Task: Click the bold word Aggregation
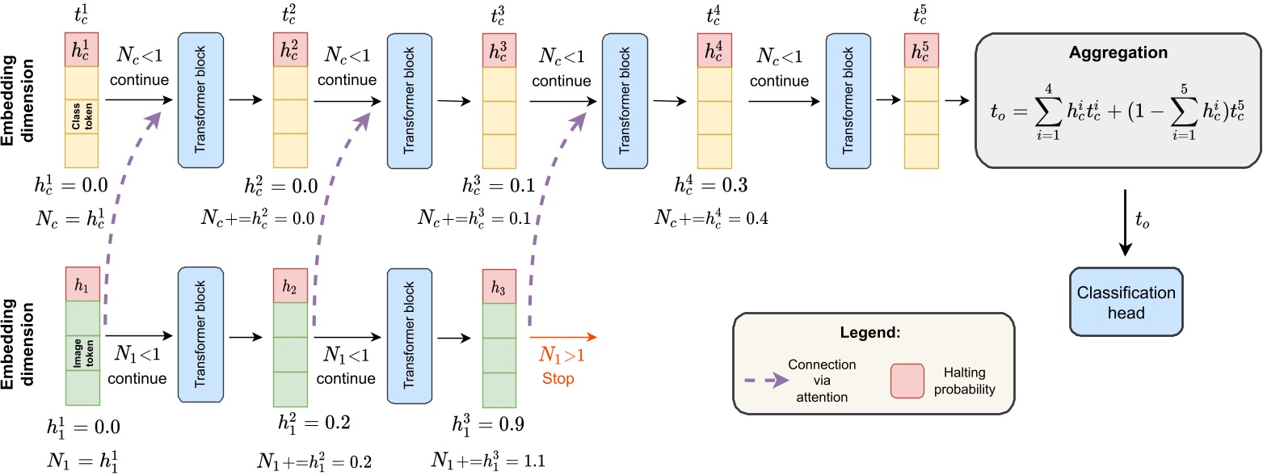1118,53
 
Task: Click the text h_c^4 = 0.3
711,186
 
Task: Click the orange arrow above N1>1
562,338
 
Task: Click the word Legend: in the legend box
872,333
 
